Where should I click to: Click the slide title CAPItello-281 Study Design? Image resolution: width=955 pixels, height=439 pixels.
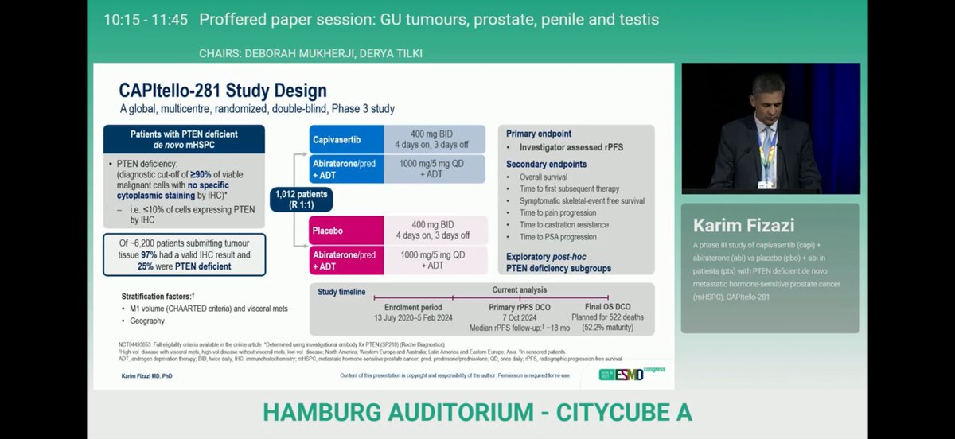coord(223,90)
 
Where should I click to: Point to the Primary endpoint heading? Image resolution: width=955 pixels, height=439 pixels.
coord(539,134)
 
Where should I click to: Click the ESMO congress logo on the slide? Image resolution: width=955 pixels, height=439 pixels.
coord(633,374)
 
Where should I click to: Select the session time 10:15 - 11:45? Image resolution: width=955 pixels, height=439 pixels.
coord(146,19)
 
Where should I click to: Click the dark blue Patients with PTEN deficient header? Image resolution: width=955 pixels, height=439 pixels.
coord(184,139)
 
